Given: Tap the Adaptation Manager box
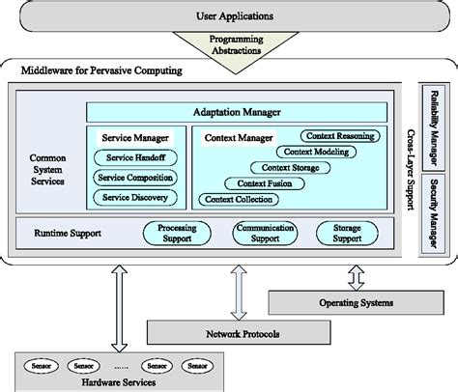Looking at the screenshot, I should point(238,112).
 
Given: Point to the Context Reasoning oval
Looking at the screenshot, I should point(339,137).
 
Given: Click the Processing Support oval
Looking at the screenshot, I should point(177,232).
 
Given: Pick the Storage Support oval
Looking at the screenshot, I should point(348,232).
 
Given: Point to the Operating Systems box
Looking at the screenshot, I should point(357,303).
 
